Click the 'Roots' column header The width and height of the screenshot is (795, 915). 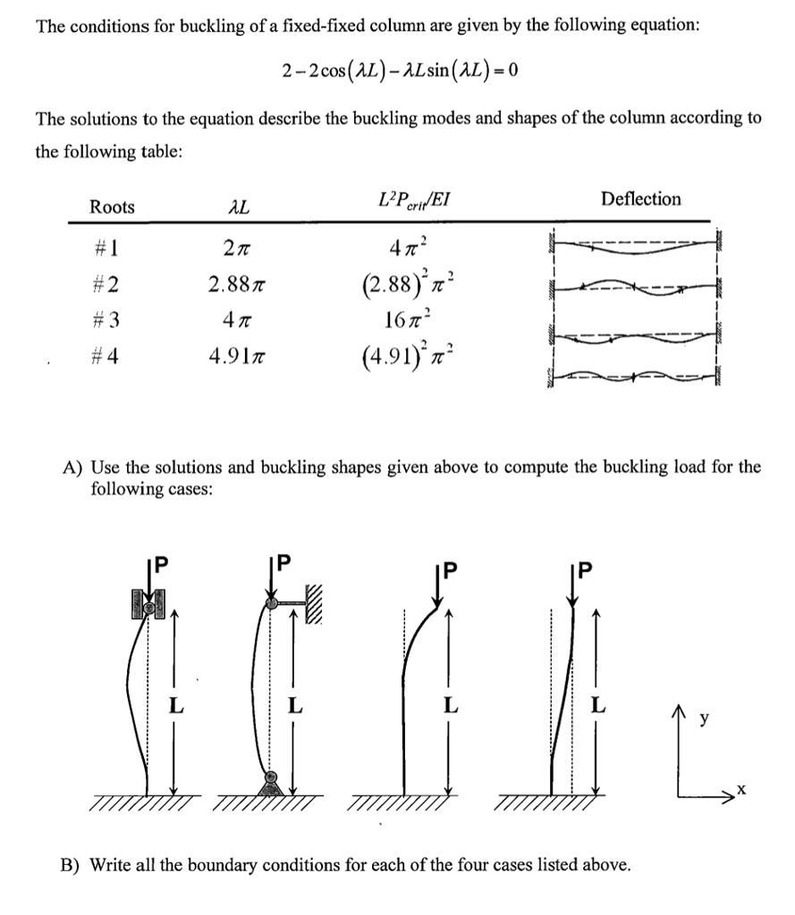[113, 207]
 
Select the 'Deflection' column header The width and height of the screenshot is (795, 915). [641, 199]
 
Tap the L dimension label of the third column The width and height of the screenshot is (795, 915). [452, 707]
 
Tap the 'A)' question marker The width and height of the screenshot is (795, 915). [72, 466]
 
